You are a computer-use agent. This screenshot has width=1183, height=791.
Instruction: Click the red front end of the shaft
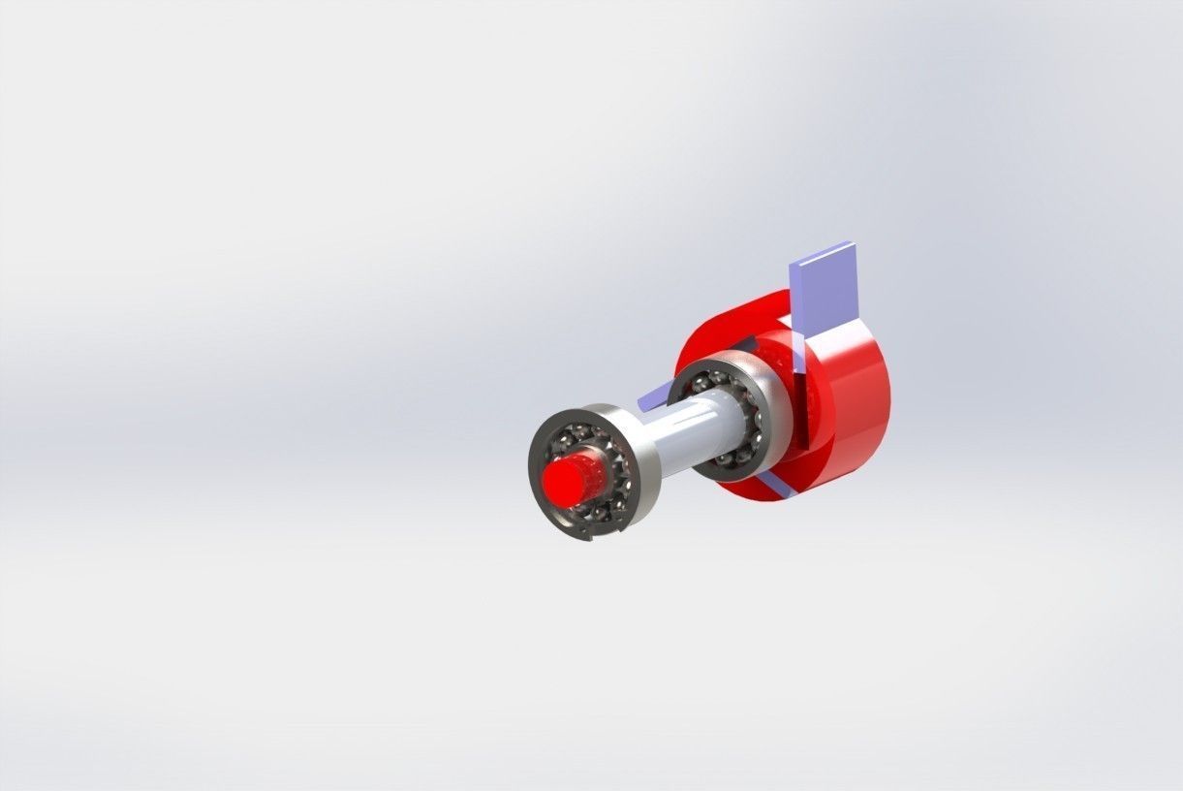(572, 479)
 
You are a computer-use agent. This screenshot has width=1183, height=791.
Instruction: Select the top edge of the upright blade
(824, 249)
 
